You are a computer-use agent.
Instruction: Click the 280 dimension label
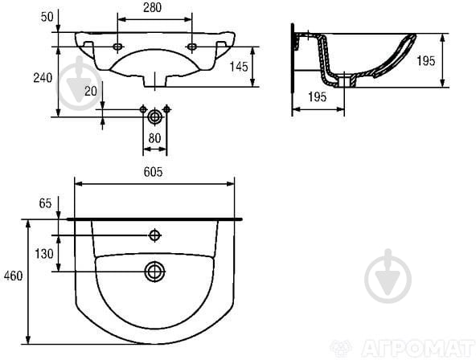pos(153,7)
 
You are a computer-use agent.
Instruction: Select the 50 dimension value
pos(47,17)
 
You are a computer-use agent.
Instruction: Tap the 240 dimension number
pos(43,78)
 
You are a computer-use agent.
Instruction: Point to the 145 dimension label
pos(239,67)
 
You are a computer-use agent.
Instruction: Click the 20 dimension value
pos(91,91)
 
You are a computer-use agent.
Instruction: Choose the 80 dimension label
pos(154,138)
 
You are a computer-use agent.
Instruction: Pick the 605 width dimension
pos(153,172)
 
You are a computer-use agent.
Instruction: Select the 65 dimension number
pos(45,203)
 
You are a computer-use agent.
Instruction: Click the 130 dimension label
pos(44,254)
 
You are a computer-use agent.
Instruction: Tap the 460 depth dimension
pos(14,276)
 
